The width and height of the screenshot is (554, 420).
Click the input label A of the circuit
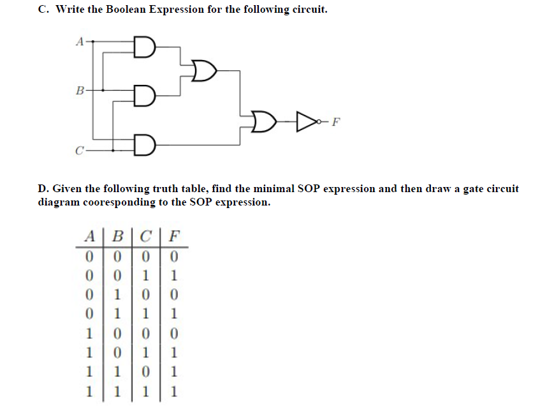[x=79, y=42]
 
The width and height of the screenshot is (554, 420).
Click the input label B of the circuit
[x=79, y=91]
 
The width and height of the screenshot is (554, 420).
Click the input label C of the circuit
[x=79, y=151]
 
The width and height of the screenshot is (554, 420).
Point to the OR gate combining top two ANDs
[x=204, y=72]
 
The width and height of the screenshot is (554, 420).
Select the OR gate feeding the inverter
[x=263, y=119]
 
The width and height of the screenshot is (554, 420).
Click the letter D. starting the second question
[x=43, y=189]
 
